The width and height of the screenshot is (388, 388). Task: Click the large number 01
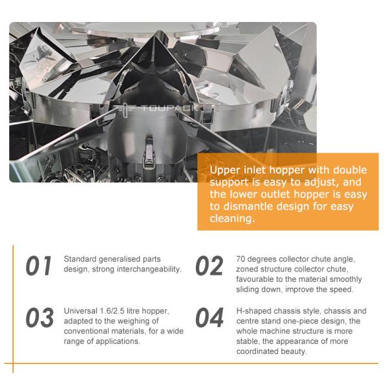(x=39, y=266)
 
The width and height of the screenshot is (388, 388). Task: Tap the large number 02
(x=210, y=266)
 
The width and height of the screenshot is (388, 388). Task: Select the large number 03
(x=39, y=318)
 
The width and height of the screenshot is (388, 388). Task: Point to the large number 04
(x=210, y=318)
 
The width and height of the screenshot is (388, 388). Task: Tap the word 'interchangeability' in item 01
(x=149, y=269)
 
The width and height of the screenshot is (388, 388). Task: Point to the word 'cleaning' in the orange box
(x=231, y=219)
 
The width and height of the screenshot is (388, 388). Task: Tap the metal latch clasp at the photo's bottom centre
(x=149, y=153)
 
